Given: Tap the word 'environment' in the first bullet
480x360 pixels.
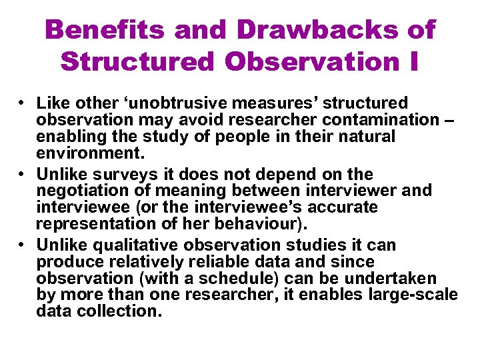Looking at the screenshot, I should [87, 153].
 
